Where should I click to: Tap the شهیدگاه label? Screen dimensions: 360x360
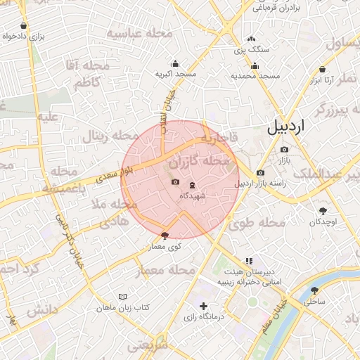(193, 195)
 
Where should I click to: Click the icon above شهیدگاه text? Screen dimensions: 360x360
(193, 184)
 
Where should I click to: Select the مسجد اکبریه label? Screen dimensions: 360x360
(175, 74)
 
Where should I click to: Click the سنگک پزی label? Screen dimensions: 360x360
(252, 50)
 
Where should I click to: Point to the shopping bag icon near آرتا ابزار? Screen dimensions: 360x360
(322, 70)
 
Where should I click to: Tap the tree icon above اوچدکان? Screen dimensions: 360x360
(323, 210)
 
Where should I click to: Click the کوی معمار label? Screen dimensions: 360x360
(166, 247)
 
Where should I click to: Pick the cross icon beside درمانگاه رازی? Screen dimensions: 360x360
(204, 306)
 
